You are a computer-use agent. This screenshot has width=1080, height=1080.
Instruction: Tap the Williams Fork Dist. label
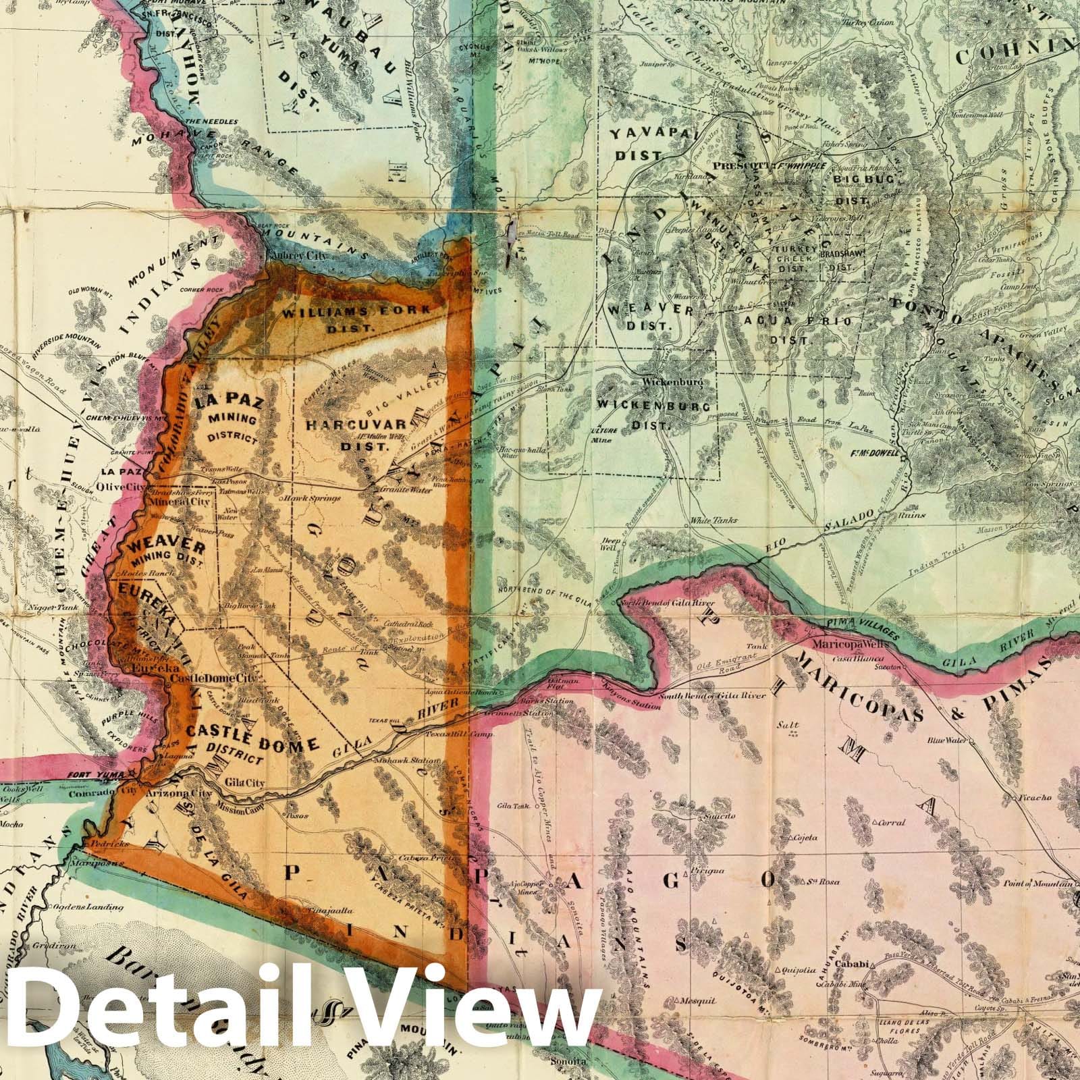coord(356,317)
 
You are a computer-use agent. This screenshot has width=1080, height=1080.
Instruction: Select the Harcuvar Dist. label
coord(357,431)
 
